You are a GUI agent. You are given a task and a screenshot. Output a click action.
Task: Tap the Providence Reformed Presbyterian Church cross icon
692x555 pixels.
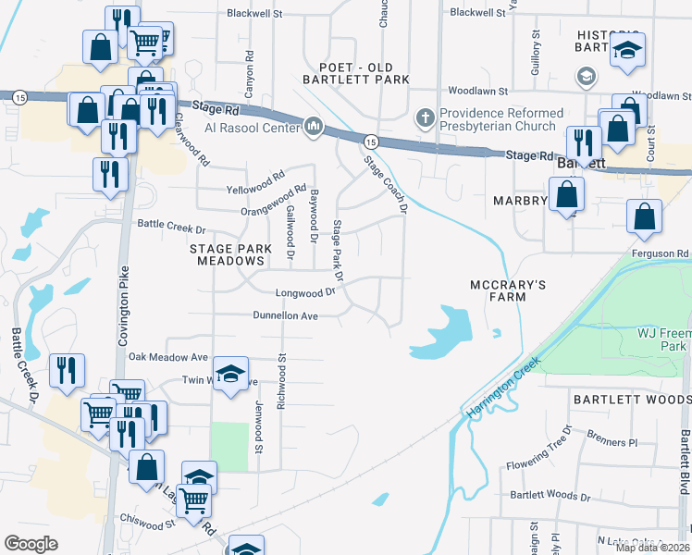pyautogui.click(x=425, y=117)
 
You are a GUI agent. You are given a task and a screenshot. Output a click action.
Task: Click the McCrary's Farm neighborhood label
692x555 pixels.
pyautogui.click(x=498, y=290)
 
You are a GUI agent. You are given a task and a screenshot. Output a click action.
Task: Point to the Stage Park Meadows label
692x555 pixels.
pyautogui.click(x=230, y=254)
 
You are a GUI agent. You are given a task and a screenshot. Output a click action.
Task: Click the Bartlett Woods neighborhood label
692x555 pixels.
pyautogui.click(x=623, y=399)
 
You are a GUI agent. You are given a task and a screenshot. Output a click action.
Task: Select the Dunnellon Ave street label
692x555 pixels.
pyautogui.click(x=286, y=316)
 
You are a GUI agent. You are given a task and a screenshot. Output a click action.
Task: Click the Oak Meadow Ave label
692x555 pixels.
pyautogui.click(x=168, y=357)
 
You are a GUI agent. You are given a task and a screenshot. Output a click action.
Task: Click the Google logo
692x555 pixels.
pyautogui.click(x=31, y=543)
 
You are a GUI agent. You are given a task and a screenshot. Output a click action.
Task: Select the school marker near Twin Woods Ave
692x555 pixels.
pyautogui.click(x=230, y=374)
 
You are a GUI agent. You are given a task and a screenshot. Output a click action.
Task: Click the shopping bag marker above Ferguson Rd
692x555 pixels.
pyautogui.click(x=645, y=217)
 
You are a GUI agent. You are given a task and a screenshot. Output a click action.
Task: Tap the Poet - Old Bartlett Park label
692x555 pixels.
pyautogui.click(x=356, y=73)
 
